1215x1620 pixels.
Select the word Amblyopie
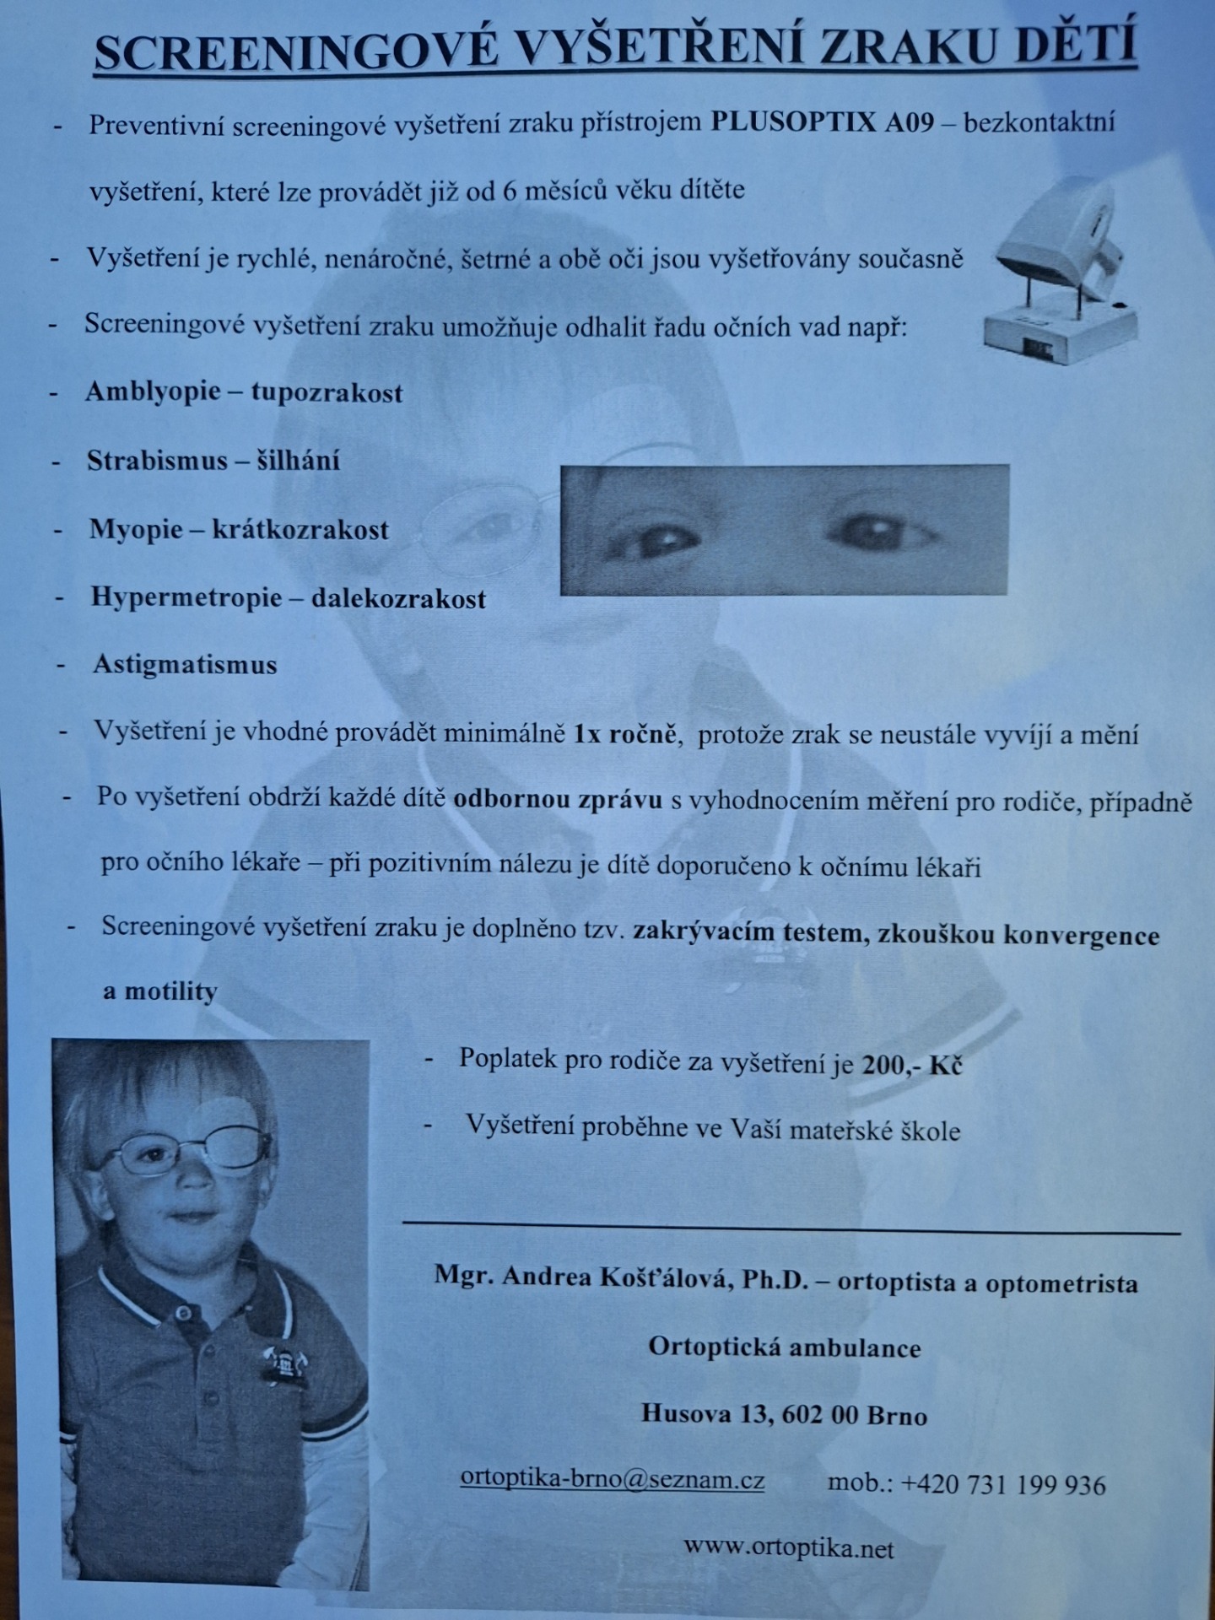click(153, 392)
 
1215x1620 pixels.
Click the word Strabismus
click(157, 461)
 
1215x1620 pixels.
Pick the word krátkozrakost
click(300, 530)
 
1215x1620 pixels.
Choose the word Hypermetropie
click(186, 597)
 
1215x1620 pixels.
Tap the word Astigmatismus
click(185, 665)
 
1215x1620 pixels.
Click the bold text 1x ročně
click(624, 733)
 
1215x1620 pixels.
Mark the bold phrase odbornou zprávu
click(558, 799)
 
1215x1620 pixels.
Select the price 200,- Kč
click(912, 1064)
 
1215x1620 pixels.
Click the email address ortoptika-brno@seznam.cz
click(613, 1479)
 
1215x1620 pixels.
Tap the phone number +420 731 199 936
click(1003, 1484)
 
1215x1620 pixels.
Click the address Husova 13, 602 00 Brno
click(784, 1414)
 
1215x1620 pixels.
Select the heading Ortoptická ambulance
click(784, 1347)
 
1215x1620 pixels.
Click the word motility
click(171, 991)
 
